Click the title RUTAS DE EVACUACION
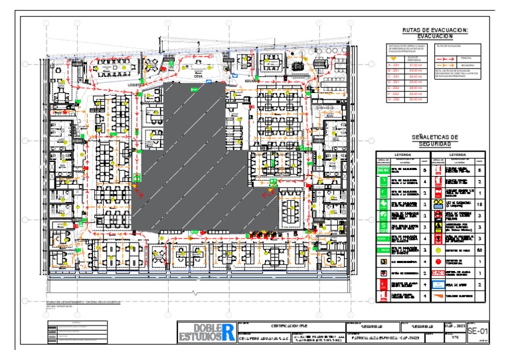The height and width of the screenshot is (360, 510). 435,31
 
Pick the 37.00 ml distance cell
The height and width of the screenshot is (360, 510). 416,66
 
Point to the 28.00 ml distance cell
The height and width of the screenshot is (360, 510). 416,88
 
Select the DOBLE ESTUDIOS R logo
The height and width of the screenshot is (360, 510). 206,332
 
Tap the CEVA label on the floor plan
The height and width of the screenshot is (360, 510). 197,76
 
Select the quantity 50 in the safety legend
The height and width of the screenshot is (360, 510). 480,250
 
